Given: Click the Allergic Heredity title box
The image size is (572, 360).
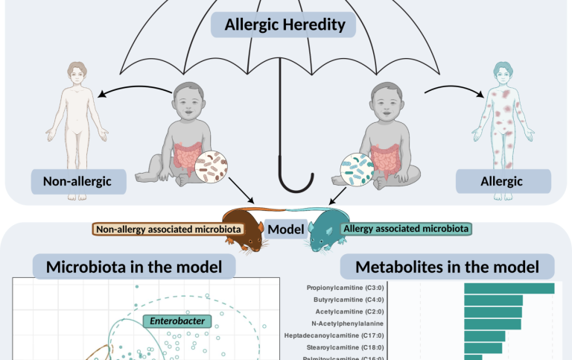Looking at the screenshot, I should [285, 25].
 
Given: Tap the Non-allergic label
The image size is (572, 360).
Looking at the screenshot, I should [76, 181].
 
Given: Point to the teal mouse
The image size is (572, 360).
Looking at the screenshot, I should [322, 231].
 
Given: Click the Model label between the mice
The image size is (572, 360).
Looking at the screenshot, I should [287, 230].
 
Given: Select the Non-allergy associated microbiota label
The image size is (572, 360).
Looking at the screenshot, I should [168, 230].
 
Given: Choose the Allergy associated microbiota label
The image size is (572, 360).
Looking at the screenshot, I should [405, 229].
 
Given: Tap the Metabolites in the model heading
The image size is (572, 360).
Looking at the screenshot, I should [448, 267].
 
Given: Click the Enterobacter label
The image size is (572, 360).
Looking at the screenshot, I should [177, 321].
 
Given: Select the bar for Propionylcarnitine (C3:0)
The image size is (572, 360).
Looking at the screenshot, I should [509, 288].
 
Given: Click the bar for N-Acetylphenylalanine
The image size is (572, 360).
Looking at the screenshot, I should [492, 323].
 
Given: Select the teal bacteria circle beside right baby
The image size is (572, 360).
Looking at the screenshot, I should [356, 169].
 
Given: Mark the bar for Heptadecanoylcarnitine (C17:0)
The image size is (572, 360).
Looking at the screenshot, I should [484, 335].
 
